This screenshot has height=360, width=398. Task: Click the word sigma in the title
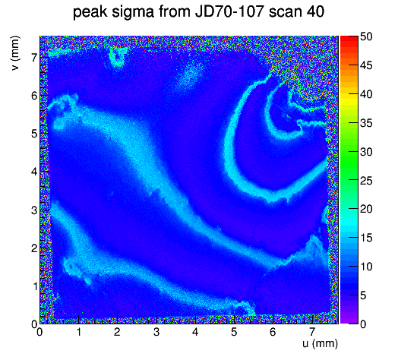pyautogui.click(x=133, y=13)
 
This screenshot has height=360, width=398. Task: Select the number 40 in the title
pyautogui.click(x=315, y=11)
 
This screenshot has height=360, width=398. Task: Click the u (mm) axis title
pyautogui.click(x=320, y=343)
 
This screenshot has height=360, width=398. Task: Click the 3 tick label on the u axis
pyautogui.click(x=156, y=332)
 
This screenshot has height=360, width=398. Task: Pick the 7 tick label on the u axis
pyautogui.click(x=311, y=332)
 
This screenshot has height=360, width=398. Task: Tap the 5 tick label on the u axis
pyautogui.click(x=234, y=332)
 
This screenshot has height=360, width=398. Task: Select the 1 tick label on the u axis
pyautogui.click(x=79, y=332)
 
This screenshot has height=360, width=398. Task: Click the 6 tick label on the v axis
pyautogui.click(x=34, y=96)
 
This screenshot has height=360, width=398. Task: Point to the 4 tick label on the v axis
pyautogui.click(x=34, y=172)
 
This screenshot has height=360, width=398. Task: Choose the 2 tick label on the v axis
pyautogui.click(x=34, y=248)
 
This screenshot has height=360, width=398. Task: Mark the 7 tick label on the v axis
pyautogui.click(x=34, y=58)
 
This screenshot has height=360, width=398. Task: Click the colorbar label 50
pyautogui.click(x=366, y=36)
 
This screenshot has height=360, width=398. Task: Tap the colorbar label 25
pyautogui.click(x=366, y=181)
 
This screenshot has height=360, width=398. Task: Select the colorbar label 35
pyautogui.click(x=366, y=123)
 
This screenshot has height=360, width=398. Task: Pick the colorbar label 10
pyautogui.click(x=366, y=267)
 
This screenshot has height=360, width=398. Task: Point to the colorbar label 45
pyautogui.click(x=366, y=65)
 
